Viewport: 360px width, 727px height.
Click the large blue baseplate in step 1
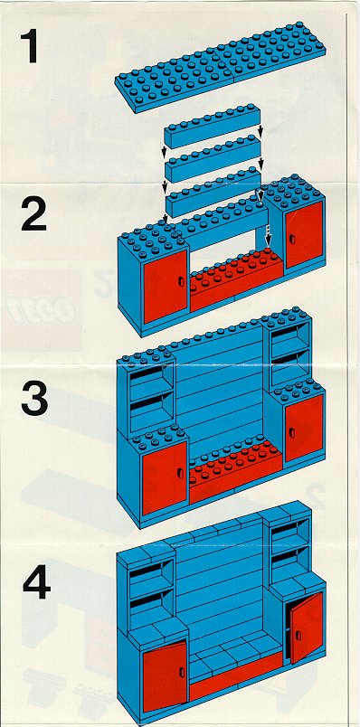pos(221,66)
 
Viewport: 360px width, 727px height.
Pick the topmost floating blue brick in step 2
pos(212,126)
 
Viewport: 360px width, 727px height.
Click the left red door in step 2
pos(166,286)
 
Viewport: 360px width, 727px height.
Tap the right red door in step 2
pos(304,234)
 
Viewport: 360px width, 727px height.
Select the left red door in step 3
pos(165,478)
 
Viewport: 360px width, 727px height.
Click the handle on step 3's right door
pos(292,432)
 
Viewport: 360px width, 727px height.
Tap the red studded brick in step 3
pos(235,471)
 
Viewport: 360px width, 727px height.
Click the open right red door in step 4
pos(306,628)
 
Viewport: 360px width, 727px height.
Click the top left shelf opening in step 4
pos(151,572)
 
